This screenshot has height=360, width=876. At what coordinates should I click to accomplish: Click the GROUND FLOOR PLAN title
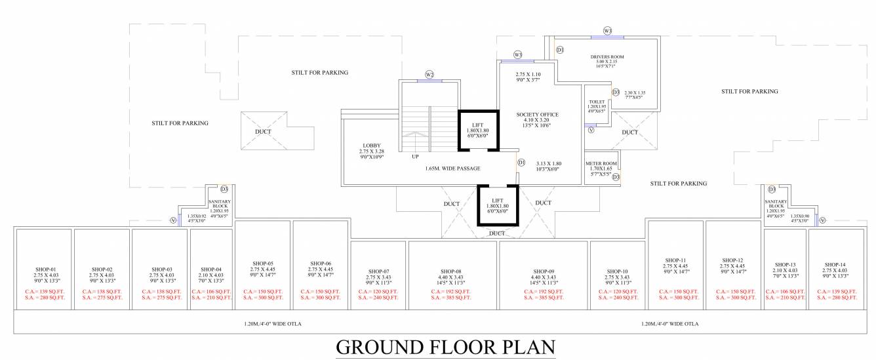[446, 346]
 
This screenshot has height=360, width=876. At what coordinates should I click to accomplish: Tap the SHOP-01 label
[44, 270]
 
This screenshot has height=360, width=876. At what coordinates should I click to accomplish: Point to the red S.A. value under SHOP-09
[544, 297]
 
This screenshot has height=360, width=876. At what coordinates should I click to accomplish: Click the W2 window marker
[429, 74]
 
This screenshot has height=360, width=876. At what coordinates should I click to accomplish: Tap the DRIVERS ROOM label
[607, 57]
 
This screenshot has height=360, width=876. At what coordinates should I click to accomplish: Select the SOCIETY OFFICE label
[536, 114]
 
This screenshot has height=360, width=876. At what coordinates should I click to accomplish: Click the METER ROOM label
[600, 163]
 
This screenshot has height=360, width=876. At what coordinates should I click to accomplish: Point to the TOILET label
[597, 102]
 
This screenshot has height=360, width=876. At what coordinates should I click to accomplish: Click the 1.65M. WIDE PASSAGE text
[452, 169]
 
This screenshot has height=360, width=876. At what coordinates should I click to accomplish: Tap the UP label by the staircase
[415, 157]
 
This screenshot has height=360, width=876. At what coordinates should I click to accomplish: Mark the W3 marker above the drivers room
[607, 31]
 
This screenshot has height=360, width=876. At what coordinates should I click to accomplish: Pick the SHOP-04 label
[211, 270]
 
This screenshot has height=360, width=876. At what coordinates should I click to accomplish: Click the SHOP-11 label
[675, 260]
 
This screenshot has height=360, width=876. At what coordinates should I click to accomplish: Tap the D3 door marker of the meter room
[616, 176]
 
